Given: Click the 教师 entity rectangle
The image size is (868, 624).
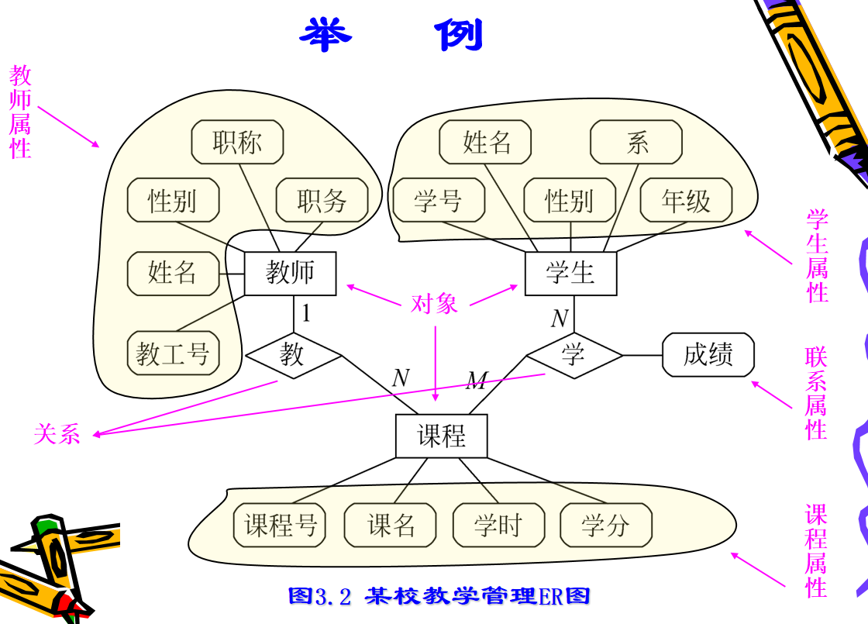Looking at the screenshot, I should (x=291, y=273).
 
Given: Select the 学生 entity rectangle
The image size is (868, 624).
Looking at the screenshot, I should (x=570, y=273).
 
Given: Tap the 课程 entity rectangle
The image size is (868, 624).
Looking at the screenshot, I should (x=442, y=436).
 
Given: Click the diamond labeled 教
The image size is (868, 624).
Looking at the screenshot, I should (x=293, y=355).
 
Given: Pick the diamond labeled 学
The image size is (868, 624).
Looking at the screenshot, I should (x=574, y=355).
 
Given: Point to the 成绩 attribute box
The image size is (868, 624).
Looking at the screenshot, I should (x=708, y=355).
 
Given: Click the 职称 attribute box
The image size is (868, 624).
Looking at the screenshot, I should (x=237, y=143).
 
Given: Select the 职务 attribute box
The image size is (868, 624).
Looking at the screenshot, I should (x=322, y=201).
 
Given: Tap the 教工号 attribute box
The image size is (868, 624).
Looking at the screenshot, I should (x=173, y=354).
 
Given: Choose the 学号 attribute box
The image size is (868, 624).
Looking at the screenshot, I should (x=438, y=201).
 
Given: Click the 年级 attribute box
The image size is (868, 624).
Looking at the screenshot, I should (x=686, y=201).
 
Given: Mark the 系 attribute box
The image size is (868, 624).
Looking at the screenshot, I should (x=636, y=143).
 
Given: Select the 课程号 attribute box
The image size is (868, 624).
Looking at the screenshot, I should (x=281, y=526).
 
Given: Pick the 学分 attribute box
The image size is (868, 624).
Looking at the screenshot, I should (x=605, y=526).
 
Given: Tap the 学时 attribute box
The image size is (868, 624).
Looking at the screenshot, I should (x=498, y=526).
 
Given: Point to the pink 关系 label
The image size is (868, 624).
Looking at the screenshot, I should (x=57, y=433).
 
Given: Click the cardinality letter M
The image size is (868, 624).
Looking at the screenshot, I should (x=477, y=380).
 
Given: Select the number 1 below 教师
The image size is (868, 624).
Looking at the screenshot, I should (x=307, y=313).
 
